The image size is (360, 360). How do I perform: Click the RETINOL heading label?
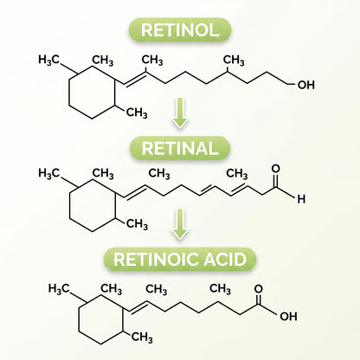(180, 29)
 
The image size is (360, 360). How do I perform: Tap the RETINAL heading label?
(180, 148)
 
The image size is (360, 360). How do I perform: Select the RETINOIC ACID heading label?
(180, 259)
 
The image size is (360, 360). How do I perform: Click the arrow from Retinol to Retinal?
(180, 112)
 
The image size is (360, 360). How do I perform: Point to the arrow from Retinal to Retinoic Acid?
(180, 224)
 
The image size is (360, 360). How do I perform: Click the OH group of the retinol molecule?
(306, 85)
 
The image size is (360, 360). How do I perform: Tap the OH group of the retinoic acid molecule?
(288, 317)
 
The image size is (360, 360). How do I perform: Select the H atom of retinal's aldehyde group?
(301, 199)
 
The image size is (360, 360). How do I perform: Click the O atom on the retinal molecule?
(276, 169)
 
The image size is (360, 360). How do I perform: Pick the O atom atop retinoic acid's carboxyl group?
(259, 289)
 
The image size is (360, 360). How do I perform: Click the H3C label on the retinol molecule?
(48, 60)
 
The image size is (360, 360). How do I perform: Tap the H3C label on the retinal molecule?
(48, 173)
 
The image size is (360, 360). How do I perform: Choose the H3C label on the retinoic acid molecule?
(59, 288)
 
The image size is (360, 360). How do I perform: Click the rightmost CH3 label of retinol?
(234, 61)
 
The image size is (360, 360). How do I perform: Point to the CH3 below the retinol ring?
(137, 112)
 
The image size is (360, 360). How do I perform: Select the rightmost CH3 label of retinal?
(237, 174)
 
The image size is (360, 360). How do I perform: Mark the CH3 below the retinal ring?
(137, 223)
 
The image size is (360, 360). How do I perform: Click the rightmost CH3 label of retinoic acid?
(220, 288)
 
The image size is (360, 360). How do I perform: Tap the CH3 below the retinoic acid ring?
(142, 337)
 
